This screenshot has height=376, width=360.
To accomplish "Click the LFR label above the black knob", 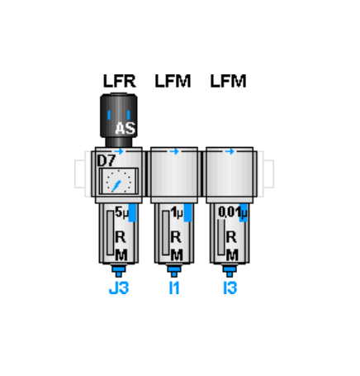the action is (120, 81).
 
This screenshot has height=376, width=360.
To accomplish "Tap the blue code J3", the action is (119, 288).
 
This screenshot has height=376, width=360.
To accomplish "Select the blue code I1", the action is (174, 288).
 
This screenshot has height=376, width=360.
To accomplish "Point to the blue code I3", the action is (230, 288).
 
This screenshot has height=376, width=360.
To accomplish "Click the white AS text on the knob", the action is (126, 128).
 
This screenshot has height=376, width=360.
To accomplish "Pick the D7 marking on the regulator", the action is (107, 161).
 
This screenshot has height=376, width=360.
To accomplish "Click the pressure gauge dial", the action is (119, 182).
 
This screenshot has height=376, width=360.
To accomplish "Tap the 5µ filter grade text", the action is (122, 212).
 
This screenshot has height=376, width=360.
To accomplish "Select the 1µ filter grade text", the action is (177, 212).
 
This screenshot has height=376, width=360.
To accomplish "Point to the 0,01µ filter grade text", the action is (233, 212).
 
